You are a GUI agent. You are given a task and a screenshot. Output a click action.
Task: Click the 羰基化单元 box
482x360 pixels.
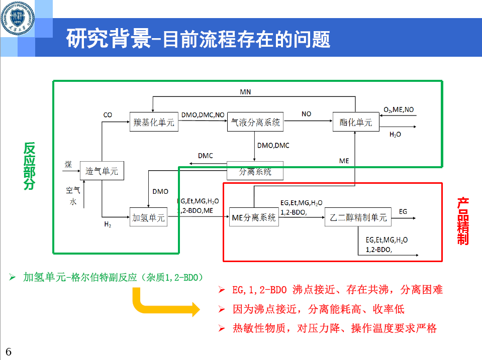coord(154,122)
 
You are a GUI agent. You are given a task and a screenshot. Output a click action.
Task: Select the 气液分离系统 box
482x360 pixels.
coord(255,122)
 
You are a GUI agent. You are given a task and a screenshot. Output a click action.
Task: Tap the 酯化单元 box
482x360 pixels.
coord(355,122)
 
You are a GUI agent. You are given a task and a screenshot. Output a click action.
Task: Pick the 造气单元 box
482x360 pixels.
coord(102,171)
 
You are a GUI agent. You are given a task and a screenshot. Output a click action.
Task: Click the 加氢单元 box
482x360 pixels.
coord(148,218)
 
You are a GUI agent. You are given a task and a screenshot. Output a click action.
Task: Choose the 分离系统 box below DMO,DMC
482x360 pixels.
coord(255,171)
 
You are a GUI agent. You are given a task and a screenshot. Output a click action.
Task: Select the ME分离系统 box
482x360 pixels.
coord(254,218)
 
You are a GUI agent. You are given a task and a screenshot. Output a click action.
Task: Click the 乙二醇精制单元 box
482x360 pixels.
coord(358,218)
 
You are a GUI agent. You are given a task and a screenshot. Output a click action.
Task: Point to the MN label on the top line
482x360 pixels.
coord(245,92)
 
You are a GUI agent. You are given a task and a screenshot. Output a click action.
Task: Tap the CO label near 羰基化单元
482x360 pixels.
coord(108,115)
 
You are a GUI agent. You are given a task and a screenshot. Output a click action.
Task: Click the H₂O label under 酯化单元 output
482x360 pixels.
coord(395,135)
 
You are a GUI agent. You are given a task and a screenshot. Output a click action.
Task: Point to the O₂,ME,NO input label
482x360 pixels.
coord(399,110)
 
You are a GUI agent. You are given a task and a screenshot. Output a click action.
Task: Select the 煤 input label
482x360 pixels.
coord(68,165)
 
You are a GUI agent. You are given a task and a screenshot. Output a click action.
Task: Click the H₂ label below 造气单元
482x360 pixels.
coord(108,224)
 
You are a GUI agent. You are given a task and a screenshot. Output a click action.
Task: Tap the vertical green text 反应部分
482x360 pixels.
coord(30,166)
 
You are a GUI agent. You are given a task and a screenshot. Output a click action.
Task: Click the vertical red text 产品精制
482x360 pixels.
coord(463,221)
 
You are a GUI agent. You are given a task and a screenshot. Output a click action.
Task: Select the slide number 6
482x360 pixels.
coord(9,351)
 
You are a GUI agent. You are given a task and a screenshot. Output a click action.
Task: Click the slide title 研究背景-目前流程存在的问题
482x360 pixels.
coord(198,39)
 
